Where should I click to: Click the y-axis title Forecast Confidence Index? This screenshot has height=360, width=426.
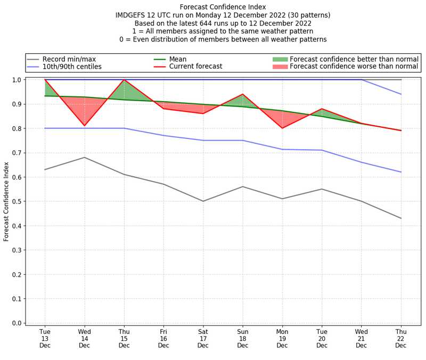point(7,201)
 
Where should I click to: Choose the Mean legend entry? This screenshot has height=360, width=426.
point(185,59)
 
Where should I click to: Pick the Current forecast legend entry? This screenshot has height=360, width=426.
point(195,67)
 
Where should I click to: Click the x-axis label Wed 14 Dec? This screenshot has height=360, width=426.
point(84,339)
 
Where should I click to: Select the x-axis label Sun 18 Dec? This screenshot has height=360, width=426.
point(242,339)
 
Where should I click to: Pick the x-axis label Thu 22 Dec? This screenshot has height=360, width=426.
point(400,339)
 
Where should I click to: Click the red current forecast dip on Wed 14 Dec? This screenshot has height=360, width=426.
point(84,126)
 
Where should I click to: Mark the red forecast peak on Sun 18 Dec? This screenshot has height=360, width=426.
point(242,94)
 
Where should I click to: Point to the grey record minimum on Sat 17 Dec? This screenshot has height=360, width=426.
point(203,201)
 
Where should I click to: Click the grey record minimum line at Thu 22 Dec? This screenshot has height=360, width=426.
point(400,218)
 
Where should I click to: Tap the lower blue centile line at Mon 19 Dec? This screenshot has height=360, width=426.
point(282,149)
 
